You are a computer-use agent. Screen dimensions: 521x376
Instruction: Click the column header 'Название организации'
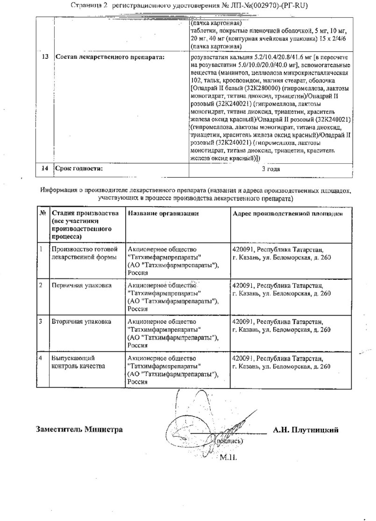pyautogui.click(x=163, y=213)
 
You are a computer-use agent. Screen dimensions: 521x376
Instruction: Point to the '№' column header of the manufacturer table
pyautogui.click(x=43, y=213)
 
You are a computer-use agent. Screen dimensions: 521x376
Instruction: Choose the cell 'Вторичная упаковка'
pyautogui.click(x=81, y=322)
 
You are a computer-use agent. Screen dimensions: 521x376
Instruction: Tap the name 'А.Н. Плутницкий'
pyautogui.click(x=305, y=430)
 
